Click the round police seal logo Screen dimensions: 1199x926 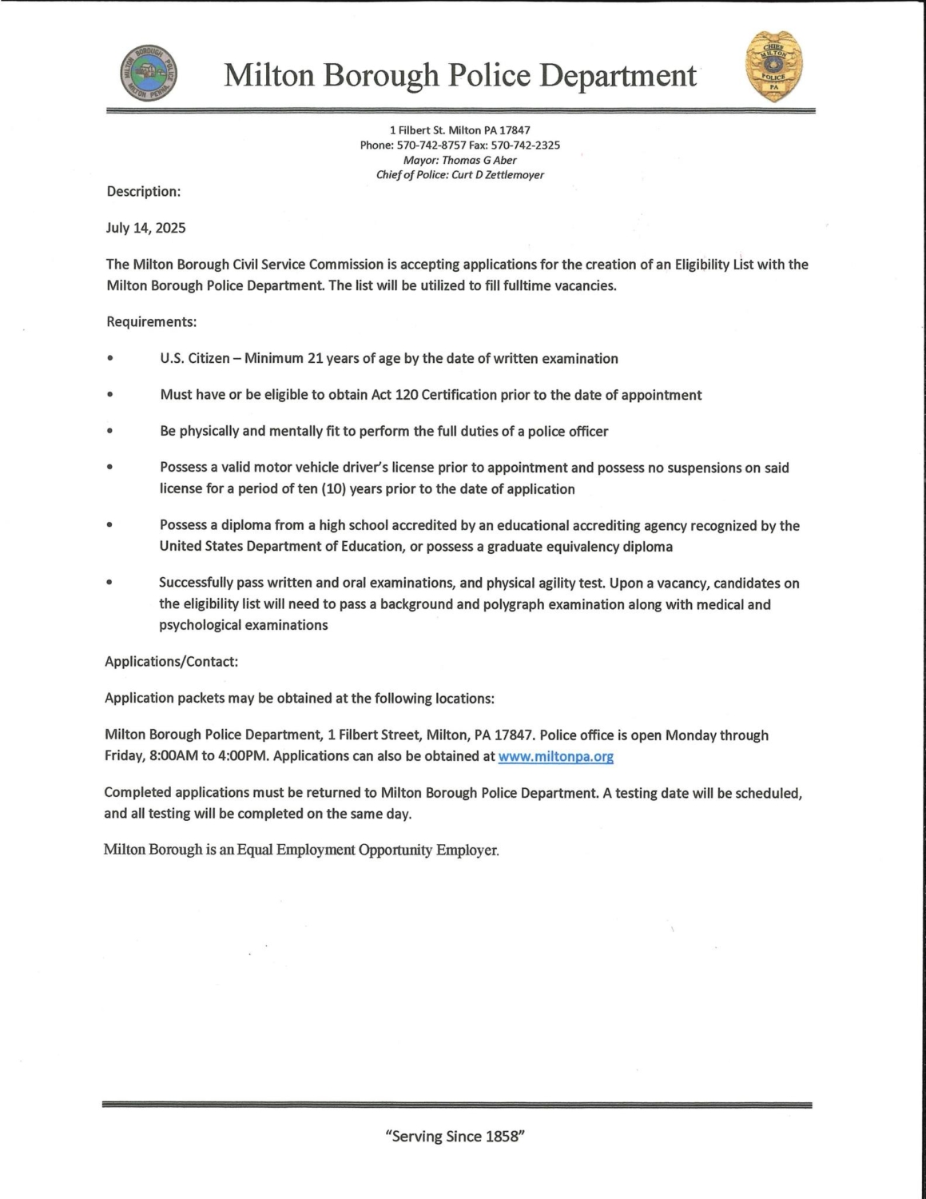click(149, 74)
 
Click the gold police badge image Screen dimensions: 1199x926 click(773, 67)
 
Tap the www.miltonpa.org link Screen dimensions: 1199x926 click(555, 756)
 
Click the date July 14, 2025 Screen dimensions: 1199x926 click(145, 228)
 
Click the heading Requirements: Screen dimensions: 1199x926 click(151, 322)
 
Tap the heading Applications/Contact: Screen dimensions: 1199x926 click(171, 662)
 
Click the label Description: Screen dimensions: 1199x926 click(144, 192)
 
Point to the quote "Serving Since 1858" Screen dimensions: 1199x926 click(455, 1136)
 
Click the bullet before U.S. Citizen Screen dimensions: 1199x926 click(109, 359)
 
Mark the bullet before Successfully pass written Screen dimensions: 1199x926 click(109, 584)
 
